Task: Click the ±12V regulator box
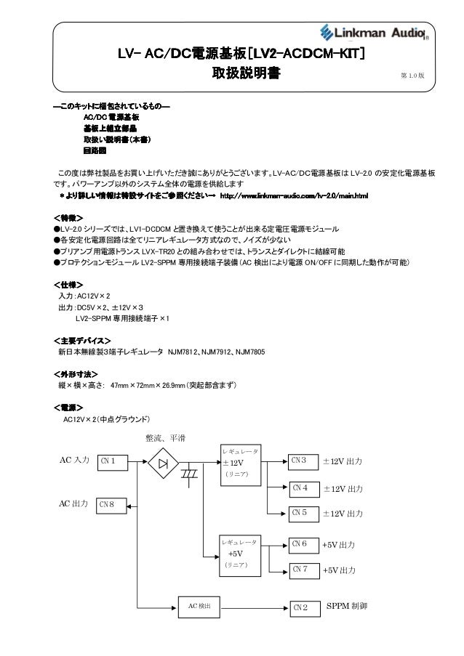[x=241, y=465]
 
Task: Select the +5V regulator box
[x=241, y=556]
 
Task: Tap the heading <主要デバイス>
[x=82, y=339]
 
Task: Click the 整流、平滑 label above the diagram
[x=166, y=437]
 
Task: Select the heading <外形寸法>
[x=76, y=373]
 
